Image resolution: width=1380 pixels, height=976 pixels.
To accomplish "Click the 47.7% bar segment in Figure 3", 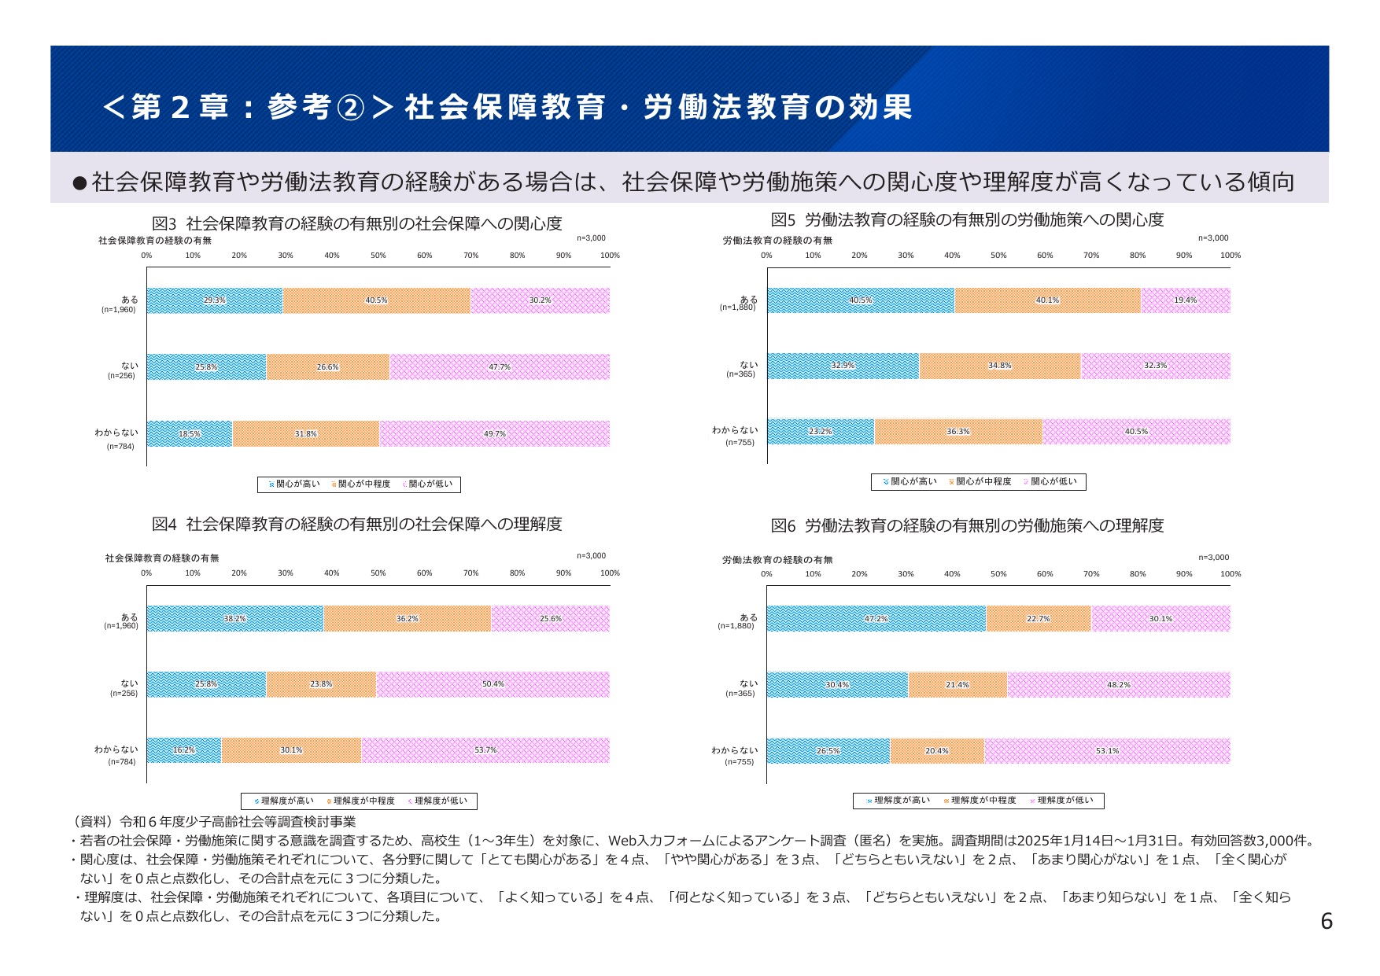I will tap(500, 367).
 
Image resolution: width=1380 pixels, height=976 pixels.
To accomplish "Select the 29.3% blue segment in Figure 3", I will tap(215, 300).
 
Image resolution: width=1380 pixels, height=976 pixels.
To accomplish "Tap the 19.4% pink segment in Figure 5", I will tap(1185, 300).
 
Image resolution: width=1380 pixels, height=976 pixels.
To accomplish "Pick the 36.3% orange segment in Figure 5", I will tap(958, 432).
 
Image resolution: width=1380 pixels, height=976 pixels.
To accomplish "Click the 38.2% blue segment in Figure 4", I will tap(234, 619).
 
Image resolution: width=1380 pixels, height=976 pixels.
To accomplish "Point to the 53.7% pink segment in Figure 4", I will tap(485, 750).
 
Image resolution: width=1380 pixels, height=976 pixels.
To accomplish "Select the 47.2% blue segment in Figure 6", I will tap(876, 619).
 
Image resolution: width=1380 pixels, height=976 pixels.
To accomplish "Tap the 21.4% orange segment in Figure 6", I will tap(957, 685).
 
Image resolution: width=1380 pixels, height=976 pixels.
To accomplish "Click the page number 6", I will tap(1326, 921).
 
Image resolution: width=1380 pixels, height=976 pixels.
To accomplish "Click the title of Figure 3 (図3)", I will tap(356, 223).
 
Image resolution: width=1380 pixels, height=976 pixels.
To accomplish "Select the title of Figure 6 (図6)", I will tap(967, 525).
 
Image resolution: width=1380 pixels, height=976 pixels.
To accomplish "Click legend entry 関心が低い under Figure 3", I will tap(430, 484).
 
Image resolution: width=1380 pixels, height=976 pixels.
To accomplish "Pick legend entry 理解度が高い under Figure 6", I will tap(901, 801).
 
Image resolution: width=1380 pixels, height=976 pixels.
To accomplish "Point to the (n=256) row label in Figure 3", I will tap(121, 376).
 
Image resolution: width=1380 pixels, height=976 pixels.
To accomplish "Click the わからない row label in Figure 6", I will tap(735, 750).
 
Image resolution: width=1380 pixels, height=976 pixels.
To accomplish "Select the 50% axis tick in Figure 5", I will tap(998, 256).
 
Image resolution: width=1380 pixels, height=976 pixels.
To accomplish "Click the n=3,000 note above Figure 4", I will tap(591, 556).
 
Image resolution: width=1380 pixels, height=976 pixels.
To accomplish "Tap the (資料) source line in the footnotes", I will tap(214, 822).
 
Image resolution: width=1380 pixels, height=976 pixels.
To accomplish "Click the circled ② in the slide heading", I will tap(350, 108).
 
